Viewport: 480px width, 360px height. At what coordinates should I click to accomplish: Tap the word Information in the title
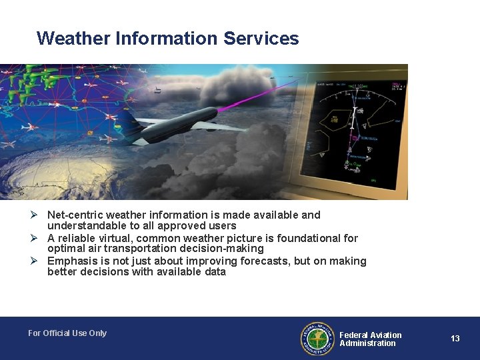[x=167, y=39]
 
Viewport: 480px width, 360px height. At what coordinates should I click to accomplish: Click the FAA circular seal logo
[x=317, y=339]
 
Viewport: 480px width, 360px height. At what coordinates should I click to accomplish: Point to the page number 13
[x=455, y=339]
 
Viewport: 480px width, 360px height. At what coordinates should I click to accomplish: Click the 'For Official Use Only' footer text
[x=67, y=333]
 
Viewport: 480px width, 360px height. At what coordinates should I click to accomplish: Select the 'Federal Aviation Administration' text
[x=370, y=339]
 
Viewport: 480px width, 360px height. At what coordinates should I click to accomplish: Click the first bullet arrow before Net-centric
[x=41, y=215]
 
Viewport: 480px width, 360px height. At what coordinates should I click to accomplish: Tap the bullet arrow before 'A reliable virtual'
[x=41, y=238]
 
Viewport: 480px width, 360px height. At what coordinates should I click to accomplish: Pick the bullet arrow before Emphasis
[x=41, y=261]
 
